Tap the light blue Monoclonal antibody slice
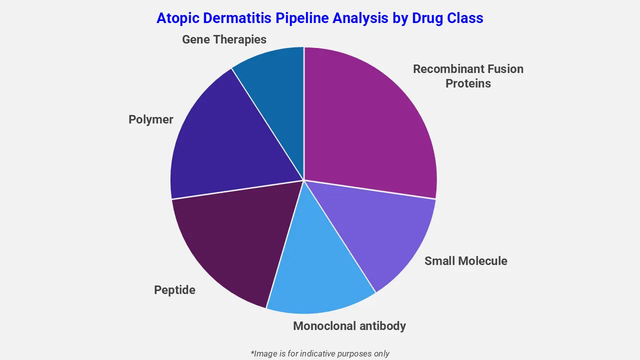(x=320, y=270)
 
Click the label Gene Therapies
(x=224, y=39)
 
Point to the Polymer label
(x=150, y=119)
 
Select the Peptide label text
(x=174, y=290)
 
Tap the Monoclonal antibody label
(x=349, y=326)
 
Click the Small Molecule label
(x=465, y=261)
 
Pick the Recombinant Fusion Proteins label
(x=468, y=76)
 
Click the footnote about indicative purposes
(x=320, y=353)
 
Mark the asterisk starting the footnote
(x=252, y=352)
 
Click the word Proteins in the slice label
(x=468, y=83)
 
